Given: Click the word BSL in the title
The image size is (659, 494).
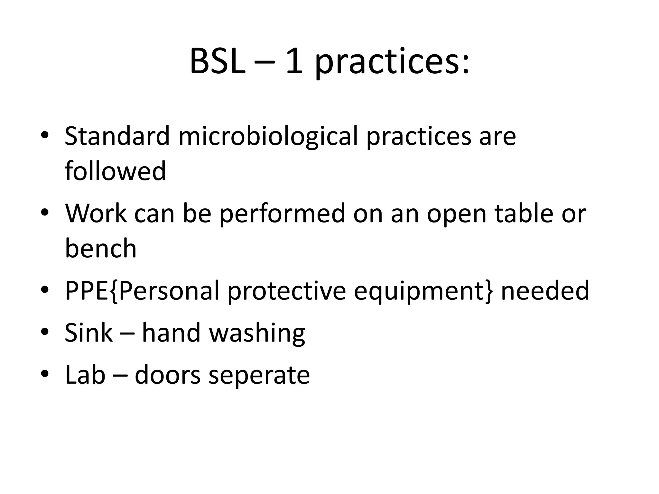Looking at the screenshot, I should point(217,62).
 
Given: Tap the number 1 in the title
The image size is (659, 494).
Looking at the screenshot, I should point(294,62).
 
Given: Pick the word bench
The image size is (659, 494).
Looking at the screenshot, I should point(101,248).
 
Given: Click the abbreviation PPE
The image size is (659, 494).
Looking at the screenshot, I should point(87,290).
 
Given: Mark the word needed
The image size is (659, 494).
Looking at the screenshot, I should point(545,290).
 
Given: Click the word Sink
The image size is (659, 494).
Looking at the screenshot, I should point(88,333).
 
